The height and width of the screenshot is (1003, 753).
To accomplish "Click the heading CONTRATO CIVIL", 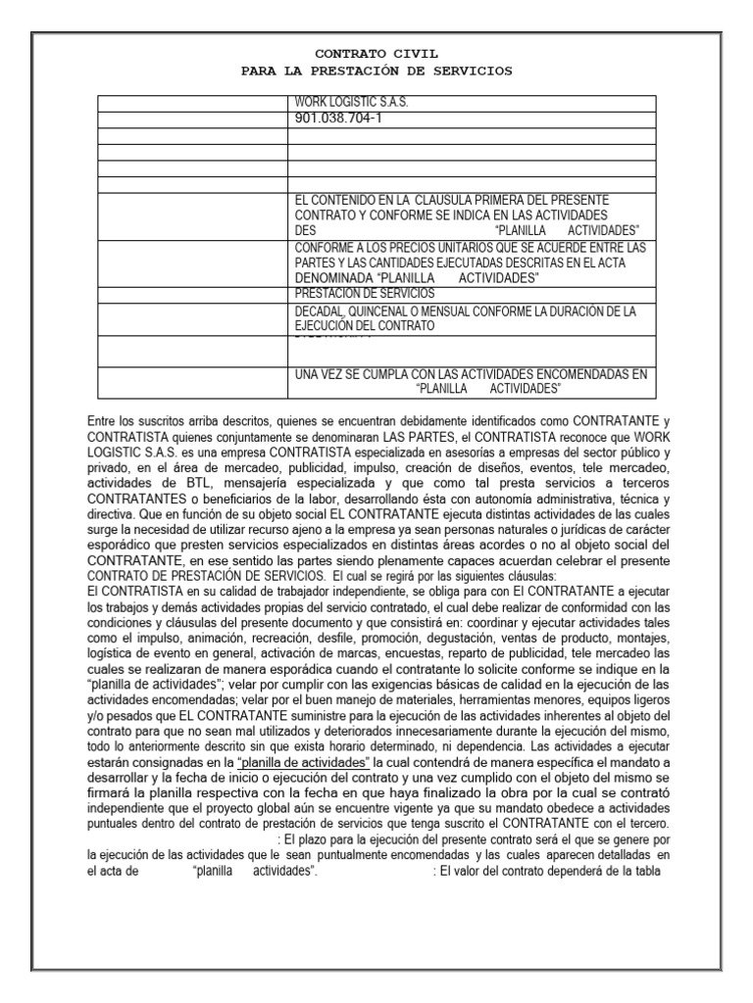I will coord(376,56).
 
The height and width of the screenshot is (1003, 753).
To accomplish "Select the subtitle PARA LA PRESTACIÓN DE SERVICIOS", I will coord(376,72).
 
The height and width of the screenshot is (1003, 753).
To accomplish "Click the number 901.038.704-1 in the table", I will coord(337,119).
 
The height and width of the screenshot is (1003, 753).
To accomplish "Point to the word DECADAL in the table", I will coord(321,311).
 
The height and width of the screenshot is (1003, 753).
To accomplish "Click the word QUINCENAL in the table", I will coord(391,311).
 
